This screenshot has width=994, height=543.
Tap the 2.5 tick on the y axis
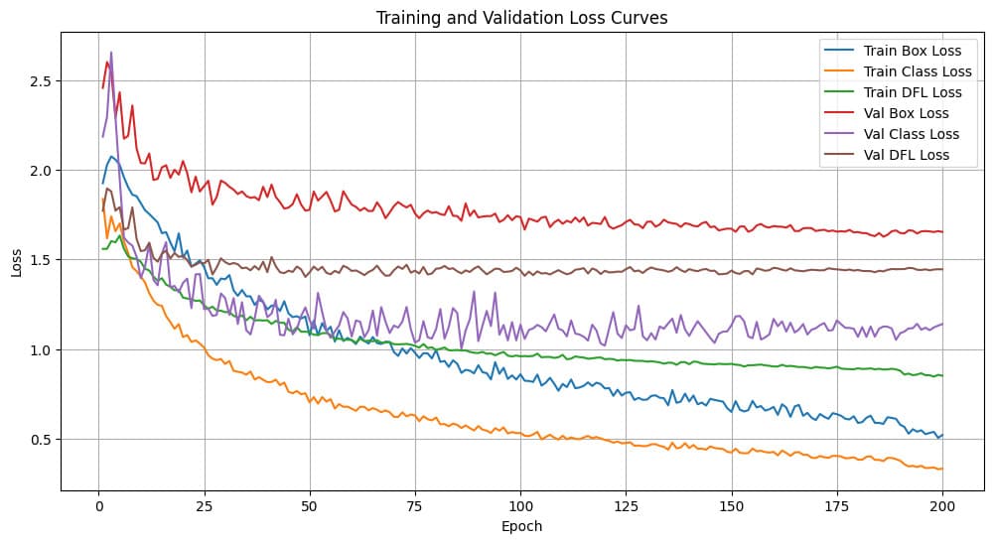(41, 80)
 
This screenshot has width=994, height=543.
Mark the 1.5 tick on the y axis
(41, 260)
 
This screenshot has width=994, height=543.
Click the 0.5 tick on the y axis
(41, 440)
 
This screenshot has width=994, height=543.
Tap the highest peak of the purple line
(111, 53)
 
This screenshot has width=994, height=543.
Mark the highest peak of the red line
(106, 63)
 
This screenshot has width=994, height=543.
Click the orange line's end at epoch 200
(942, 469)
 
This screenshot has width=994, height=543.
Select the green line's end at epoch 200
(942, 375)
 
